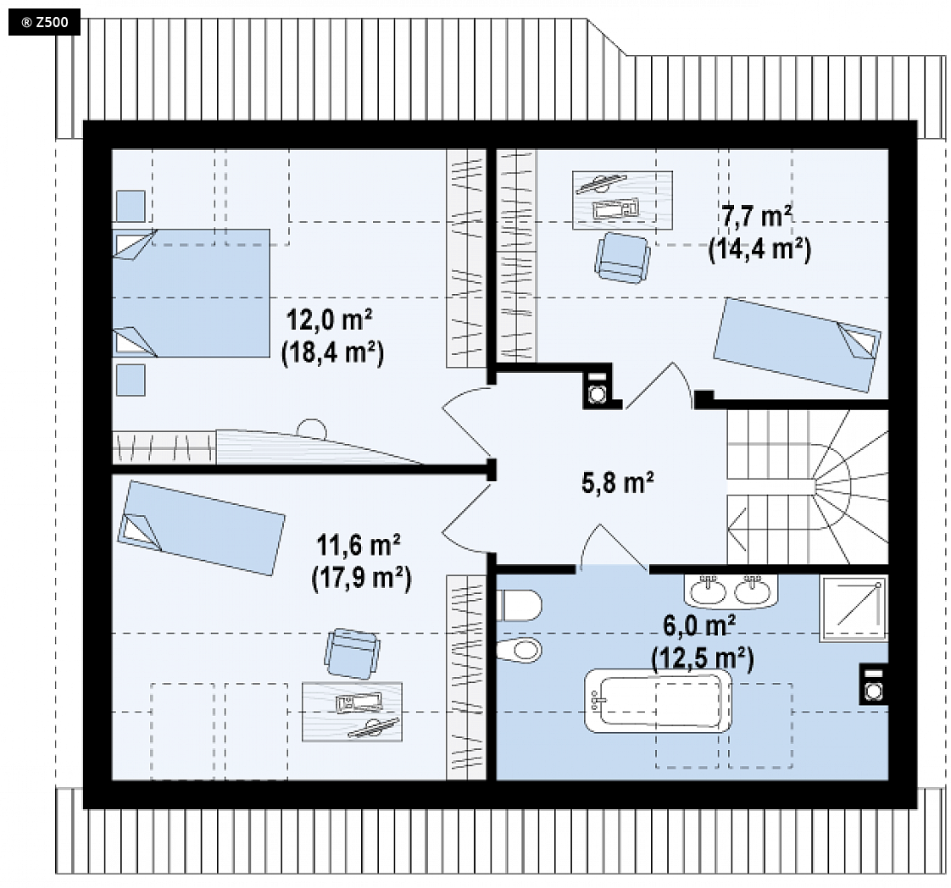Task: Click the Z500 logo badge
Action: (44, 23)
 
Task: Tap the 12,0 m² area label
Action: (329, 319)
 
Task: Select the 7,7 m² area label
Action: (756, 216)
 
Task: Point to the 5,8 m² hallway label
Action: (617, 483)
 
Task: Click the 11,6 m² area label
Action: (359, 545)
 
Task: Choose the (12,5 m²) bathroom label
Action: (703, 658)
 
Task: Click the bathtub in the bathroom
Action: (658, 701)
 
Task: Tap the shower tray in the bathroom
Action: (854, 608)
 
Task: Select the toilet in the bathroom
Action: (519, 605)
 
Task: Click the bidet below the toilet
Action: (519, 651)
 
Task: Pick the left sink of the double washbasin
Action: (708, 590)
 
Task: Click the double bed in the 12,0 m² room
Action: (191, 293)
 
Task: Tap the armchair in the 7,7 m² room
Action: (622, 258)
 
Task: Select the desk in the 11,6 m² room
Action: (352, 712)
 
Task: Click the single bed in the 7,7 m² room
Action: (797, 344)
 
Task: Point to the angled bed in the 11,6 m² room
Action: (201, 527)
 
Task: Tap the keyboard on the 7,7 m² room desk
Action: (615, 208)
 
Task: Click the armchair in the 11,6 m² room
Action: (353, 653)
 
